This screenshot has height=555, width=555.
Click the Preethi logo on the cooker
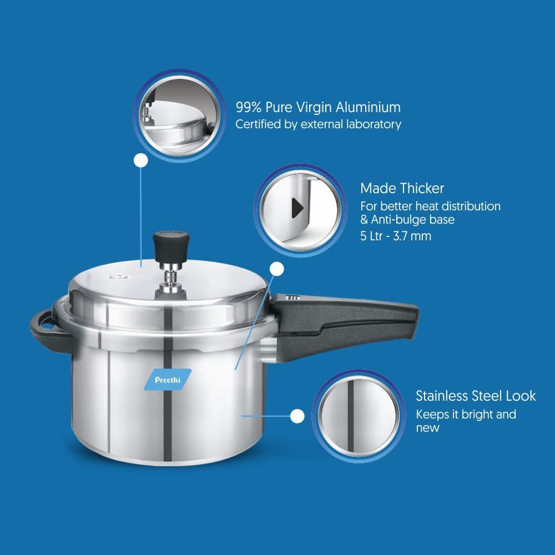click(x=168, y=380)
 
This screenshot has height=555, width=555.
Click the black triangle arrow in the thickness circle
click(x=297, y=208)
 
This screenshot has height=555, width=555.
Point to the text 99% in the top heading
click(x=249, y=107)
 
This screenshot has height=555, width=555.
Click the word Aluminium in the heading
click(x=368, y=107)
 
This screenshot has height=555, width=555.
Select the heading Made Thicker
click(x=402, y=188)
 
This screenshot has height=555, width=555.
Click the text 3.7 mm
click(x=412, y=236)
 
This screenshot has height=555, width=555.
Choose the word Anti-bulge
click(x=398, y=220)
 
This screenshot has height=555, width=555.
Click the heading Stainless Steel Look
click(x=476, y=396)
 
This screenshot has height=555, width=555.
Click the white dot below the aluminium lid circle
click(x=141, y=161)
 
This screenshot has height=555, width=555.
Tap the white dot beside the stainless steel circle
click(x=297, y=416)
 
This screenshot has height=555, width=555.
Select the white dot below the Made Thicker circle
click(x=277, y=269)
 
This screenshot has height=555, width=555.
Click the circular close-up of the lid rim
click(x=179, y=115)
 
